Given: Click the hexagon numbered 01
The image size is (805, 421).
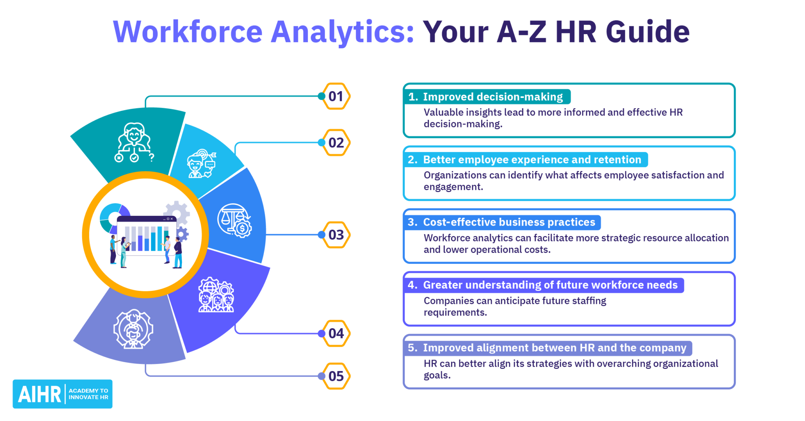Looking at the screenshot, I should [336, 96].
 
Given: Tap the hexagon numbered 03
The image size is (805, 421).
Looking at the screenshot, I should [336, 235].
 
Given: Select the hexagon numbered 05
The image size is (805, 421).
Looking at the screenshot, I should [336, 376].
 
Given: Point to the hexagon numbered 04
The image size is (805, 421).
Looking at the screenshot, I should [336, 333].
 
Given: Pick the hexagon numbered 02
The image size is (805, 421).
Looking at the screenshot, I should [336, 143].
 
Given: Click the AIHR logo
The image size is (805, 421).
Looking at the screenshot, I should [62, 394].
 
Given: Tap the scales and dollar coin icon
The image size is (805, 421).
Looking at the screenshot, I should [235, 221].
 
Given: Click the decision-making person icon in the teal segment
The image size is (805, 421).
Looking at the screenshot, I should [134, 142].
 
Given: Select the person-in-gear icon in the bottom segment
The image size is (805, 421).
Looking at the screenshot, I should [133, 329].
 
